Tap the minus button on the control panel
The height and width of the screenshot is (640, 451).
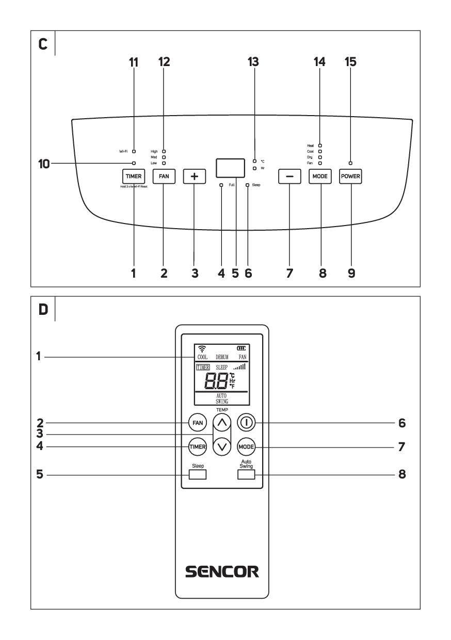pyautogui.click(x=289, y=176)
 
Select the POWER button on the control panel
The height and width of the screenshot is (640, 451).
pyautogui.click(x=350, y=176)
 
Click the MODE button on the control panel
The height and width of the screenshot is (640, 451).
pyautogui.click(x=319, y=176)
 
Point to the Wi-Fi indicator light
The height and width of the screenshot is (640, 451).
pyautogui.click(x=134, y=152)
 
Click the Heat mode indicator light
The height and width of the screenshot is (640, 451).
pyautogui.click(x=320, y=146)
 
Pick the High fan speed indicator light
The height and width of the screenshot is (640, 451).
pyautogui.click(x=164, y=152)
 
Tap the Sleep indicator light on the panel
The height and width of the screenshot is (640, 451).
pyautogui.click(x=248, y=184)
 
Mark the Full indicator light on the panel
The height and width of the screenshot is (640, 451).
pyautogui.click(x=221, y=184)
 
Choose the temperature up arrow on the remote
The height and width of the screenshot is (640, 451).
pyautogui.click(x=222, y=423)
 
